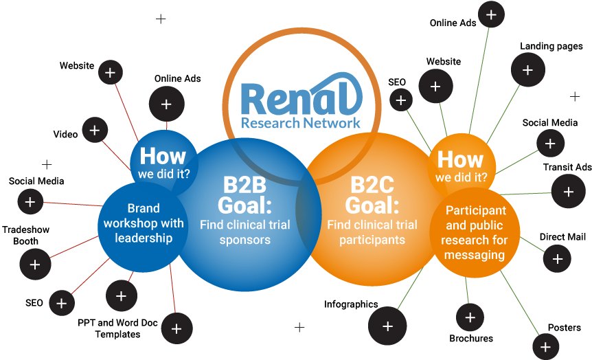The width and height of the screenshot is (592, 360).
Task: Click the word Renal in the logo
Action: [x=301, y=98]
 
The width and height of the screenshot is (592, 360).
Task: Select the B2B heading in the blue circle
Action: [x=245, y=186]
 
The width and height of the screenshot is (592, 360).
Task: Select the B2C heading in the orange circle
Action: [x=372, y=185]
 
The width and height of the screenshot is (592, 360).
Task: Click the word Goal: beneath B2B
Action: [x=245, y=205]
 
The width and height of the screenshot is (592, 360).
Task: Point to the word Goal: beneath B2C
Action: [x=372, y=205]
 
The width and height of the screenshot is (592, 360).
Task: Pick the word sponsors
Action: [x=245, y=240]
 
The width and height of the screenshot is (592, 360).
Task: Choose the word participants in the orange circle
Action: [x=372, y=240]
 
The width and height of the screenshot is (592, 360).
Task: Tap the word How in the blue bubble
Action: [x=163, y=155]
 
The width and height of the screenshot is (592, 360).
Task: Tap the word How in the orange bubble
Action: [x=460, y=159]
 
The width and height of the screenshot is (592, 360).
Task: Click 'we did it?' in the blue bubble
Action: [x=163, y=174]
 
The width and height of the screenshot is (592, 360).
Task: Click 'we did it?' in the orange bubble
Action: [x=461, y=177]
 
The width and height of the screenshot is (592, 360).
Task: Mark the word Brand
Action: [x=144, y=208]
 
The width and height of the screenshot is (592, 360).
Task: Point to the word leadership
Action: [x=144, y=238]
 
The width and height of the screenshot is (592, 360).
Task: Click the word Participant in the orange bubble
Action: [x=475, y=210]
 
